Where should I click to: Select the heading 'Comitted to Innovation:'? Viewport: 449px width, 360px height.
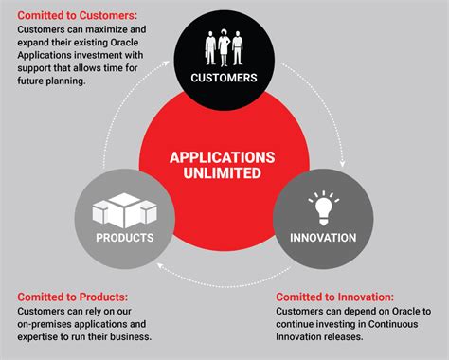coord(338,297)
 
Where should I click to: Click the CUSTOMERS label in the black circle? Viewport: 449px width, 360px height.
coord(224,78)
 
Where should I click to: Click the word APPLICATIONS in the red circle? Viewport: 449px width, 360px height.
coord(224,157)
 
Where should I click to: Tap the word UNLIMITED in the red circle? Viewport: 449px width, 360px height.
coord(224,175)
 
